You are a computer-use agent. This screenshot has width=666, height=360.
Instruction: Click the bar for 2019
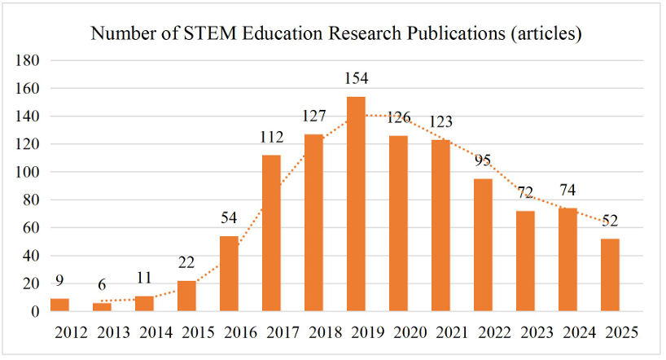point(356,204)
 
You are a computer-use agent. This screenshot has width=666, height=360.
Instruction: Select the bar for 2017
point(271,233)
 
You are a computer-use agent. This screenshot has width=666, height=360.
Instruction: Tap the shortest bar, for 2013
point(102,307)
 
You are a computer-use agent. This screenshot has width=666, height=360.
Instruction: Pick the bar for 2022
point(483,244)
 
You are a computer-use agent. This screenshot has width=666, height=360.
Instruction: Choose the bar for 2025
point(610,274)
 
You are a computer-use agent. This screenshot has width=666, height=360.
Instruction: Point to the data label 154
point(356,79)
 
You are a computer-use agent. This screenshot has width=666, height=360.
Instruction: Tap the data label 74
point(568,191)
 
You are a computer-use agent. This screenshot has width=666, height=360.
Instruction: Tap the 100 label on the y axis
point(28,173)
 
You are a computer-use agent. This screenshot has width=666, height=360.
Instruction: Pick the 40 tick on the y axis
point(32,256)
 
